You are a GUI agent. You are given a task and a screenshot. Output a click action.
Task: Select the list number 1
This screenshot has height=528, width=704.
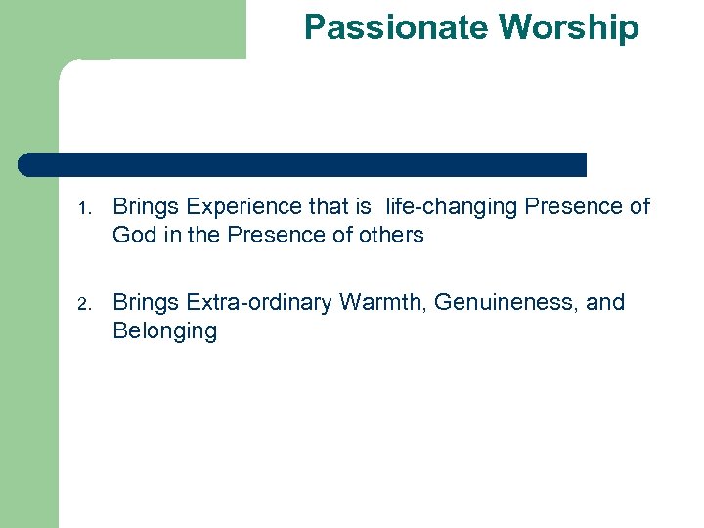click(85, 208)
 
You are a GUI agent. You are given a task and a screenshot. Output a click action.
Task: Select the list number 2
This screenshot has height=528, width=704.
click(85, 304)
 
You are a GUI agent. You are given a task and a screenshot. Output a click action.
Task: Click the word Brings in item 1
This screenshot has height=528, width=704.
click(146, 207)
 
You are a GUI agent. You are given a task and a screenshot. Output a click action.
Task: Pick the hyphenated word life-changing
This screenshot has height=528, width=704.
click(453, 207)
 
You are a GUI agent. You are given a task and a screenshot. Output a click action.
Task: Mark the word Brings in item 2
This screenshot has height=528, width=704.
click(146, 303)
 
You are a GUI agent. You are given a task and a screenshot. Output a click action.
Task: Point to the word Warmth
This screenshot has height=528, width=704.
click(381, 302)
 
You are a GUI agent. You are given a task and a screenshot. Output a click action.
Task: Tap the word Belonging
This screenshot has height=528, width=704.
click(164, 331)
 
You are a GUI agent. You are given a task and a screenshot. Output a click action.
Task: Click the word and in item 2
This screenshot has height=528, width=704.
click(604, 302)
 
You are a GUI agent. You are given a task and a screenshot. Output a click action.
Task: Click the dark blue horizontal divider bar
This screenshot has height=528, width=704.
click(303, 164)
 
